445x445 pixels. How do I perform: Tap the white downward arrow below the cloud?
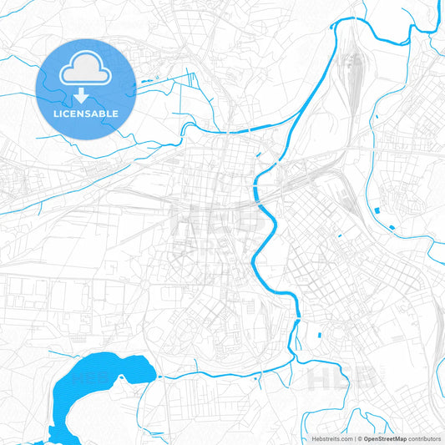(86, 94)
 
